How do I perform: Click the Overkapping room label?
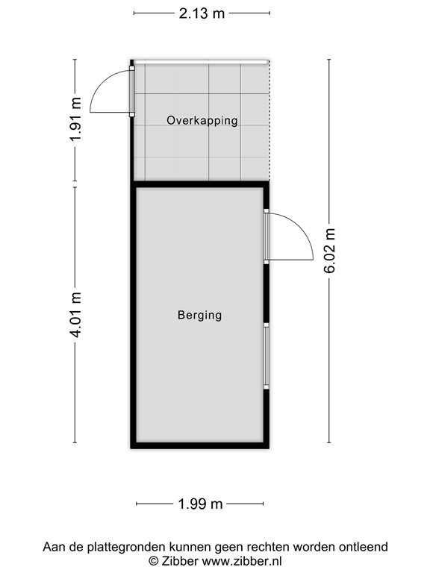[202, 120]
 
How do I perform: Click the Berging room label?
[199, 315]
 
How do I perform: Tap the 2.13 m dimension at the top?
[202, 13]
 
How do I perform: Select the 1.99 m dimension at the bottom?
[201, 504]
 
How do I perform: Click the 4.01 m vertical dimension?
[75, 314]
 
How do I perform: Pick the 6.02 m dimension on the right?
[329, 251]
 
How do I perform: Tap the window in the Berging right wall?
[266, 356]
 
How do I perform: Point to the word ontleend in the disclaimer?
[364, 547]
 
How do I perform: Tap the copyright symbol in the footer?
[154, 560]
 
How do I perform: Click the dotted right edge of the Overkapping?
[269, 119]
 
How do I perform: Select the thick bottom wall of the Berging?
[199, 445]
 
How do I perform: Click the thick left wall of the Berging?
[134, 313]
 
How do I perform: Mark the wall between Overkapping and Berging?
[199, 184]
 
